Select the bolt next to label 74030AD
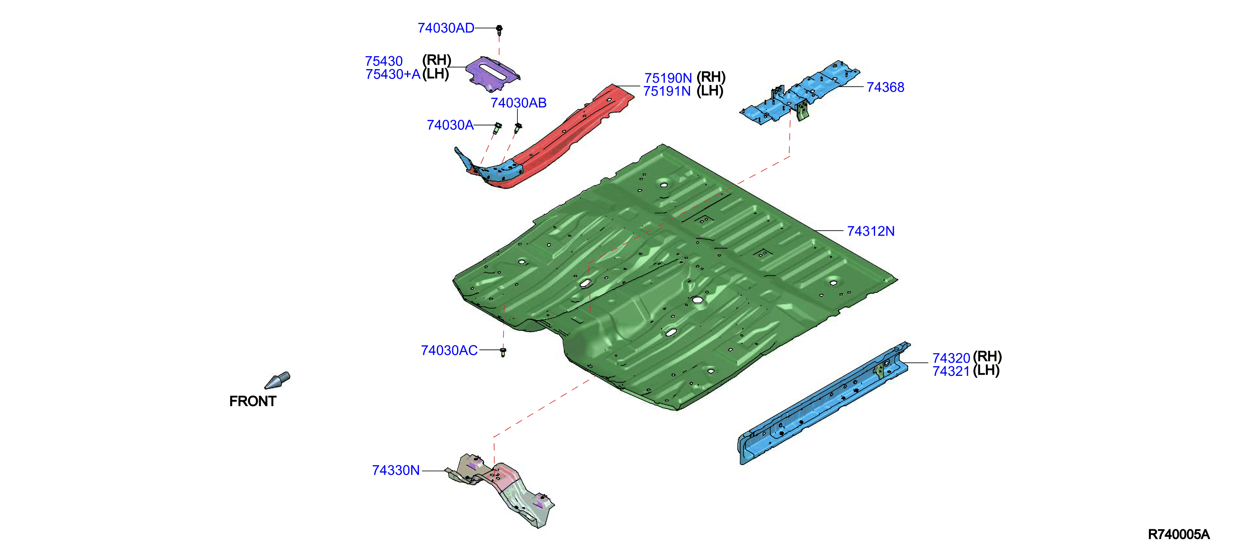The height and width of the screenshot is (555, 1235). click(x=499, y=29)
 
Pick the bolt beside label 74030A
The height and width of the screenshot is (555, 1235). click(x=497, y=128)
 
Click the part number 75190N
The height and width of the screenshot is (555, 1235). click(x=668, y=78)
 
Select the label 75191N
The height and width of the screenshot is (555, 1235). click(x=667, y=91)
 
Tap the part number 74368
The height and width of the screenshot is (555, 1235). click(x=886, y=87)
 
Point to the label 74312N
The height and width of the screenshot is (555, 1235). click(x=871, y=231)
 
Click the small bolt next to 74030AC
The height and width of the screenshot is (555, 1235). click(x=503, y=352)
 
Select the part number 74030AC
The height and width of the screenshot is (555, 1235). click(x=449, y=351)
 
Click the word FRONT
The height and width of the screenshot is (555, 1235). click(x=253, y=401)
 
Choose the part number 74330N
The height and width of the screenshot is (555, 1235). click(x=396, y=470)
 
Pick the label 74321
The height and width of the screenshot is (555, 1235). click(x=951, y=371)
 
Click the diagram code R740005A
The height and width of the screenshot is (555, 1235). click(x=1179, y=534)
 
